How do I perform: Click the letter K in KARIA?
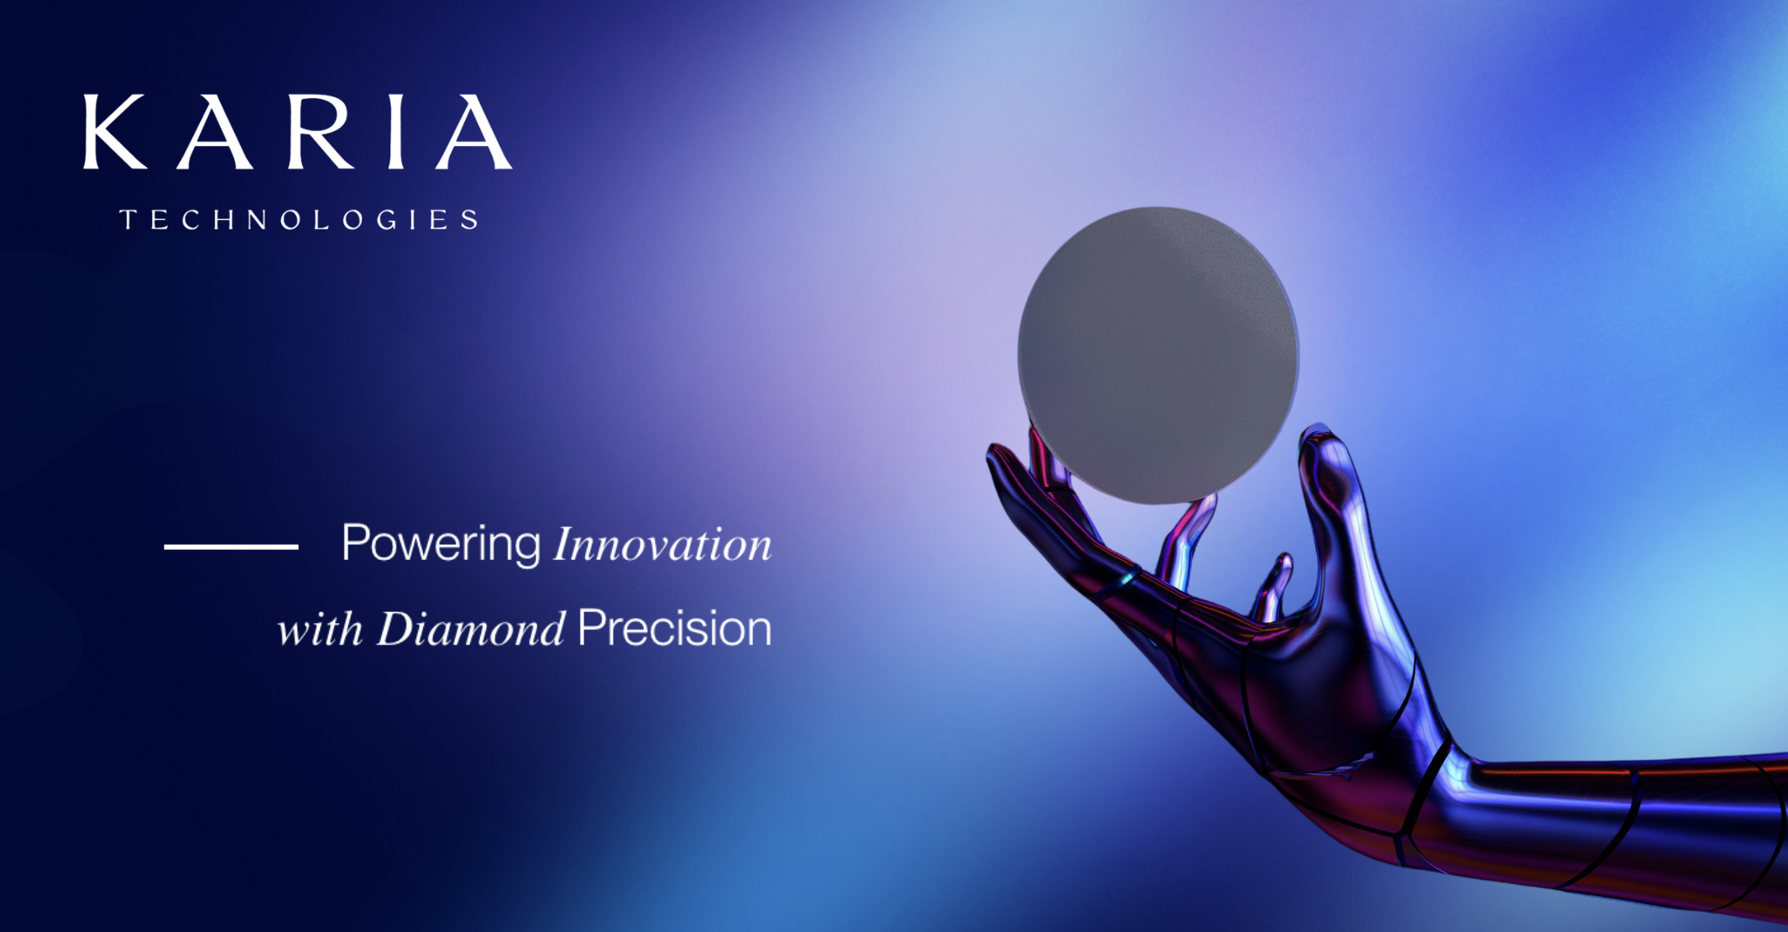[116, 132]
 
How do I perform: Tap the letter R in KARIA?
[321, 132]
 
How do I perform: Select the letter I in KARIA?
[397, 132]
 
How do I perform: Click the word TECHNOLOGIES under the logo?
[300, 220]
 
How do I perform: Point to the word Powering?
[441, 544]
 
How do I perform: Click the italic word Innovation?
[662, 544]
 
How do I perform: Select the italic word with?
[320, 629]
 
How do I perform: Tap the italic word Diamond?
[471, 629]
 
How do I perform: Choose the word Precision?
[675, 629]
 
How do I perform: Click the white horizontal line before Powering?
[231, 547]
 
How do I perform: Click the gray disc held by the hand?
[1158, 355]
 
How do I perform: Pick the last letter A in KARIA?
[473, 132]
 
